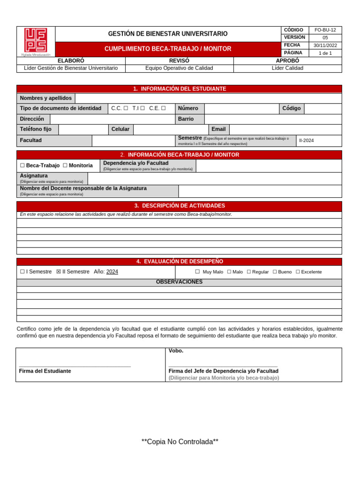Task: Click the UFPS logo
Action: tap(36, 41)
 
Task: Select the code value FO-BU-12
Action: tap(325, 30)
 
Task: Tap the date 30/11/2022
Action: tap(325, 45)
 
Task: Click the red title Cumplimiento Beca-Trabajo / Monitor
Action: tap(168, 49)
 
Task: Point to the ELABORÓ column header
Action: tap(71, 61)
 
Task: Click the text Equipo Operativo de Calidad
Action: tap(179, 68)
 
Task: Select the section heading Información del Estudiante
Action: tap(180, 89)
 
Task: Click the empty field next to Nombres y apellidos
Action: tap(208, 98)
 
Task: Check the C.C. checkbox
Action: tap(126, 108)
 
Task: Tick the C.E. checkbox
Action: tap(163, 108)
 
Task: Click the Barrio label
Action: tap(186, 119)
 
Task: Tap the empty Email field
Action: tap(285, 129)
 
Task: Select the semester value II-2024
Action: tap(307, 140)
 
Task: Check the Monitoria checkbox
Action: tap(65, 165)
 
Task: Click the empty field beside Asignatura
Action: tap(214, 179)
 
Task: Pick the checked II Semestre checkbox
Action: tap(59, 271)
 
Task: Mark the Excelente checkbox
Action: tap(298, 271)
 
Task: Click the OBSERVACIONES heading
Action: tap(179, 282)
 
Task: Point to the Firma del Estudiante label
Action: tap(45, 371)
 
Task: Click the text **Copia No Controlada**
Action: tap(180, 442)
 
